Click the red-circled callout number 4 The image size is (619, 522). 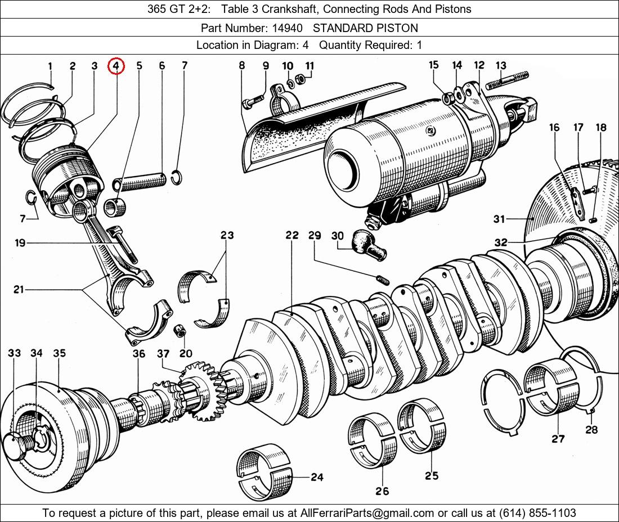116,66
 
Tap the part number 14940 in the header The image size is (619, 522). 289,28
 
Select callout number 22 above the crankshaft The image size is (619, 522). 291,235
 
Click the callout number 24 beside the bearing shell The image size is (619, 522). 317,477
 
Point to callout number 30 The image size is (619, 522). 337,236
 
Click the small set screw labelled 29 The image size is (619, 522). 383,279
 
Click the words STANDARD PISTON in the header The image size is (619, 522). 365,28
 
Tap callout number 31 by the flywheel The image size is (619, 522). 499,219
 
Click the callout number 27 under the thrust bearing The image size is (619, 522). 558,438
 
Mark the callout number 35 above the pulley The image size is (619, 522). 59,353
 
